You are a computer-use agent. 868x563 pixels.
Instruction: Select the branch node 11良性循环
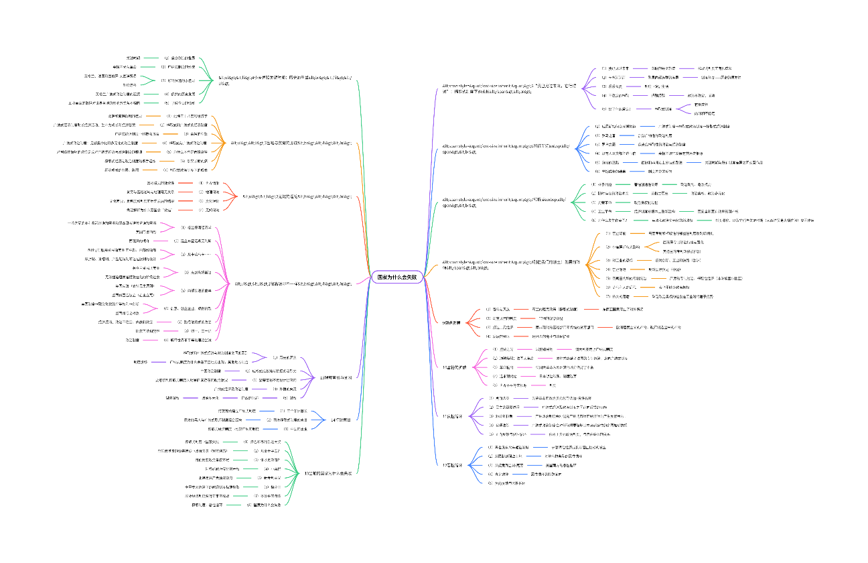(453, 416)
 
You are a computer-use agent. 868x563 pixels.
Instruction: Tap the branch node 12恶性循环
(453, 464)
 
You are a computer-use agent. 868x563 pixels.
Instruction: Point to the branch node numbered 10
(455, 367)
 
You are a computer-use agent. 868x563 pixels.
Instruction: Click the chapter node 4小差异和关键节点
(285, 80)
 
